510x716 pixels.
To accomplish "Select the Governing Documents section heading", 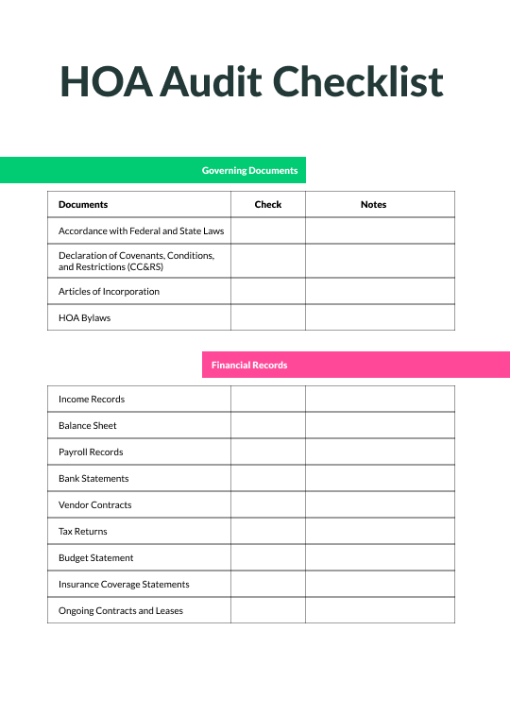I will (249, 171).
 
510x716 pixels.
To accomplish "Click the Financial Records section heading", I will (249, 365).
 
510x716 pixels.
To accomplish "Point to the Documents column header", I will (83, 204).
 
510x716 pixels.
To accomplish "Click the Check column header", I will (268, 204).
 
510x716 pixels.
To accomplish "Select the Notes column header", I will (373, 204).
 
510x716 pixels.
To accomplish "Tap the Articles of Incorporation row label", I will (109, 291).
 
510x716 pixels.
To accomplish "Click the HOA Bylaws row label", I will (84, 317).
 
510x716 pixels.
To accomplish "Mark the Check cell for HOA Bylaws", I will (268, 317).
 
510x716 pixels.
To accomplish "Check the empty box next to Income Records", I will (268, 399).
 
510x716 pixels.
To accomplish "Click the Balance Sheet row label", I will (88, 425).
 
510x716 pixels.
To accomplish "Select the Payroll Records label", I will (91, 452).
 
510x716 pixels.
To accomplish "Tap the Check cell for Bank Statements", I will (268, 478).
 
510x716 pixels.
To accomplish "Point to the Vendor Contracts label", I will (94, 504).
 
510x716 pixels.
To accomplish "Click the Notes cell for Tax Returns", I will (380, 531).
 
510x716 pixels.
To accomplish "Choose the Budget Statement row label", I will (95, 557).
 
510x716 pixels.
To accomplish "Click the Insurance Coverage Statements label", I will (124, 584).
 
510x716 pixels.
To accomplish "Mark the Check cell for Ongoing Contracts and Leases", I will (268, 610).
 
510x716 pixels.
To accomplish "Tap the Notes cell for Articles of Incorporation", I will (380, 291).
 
